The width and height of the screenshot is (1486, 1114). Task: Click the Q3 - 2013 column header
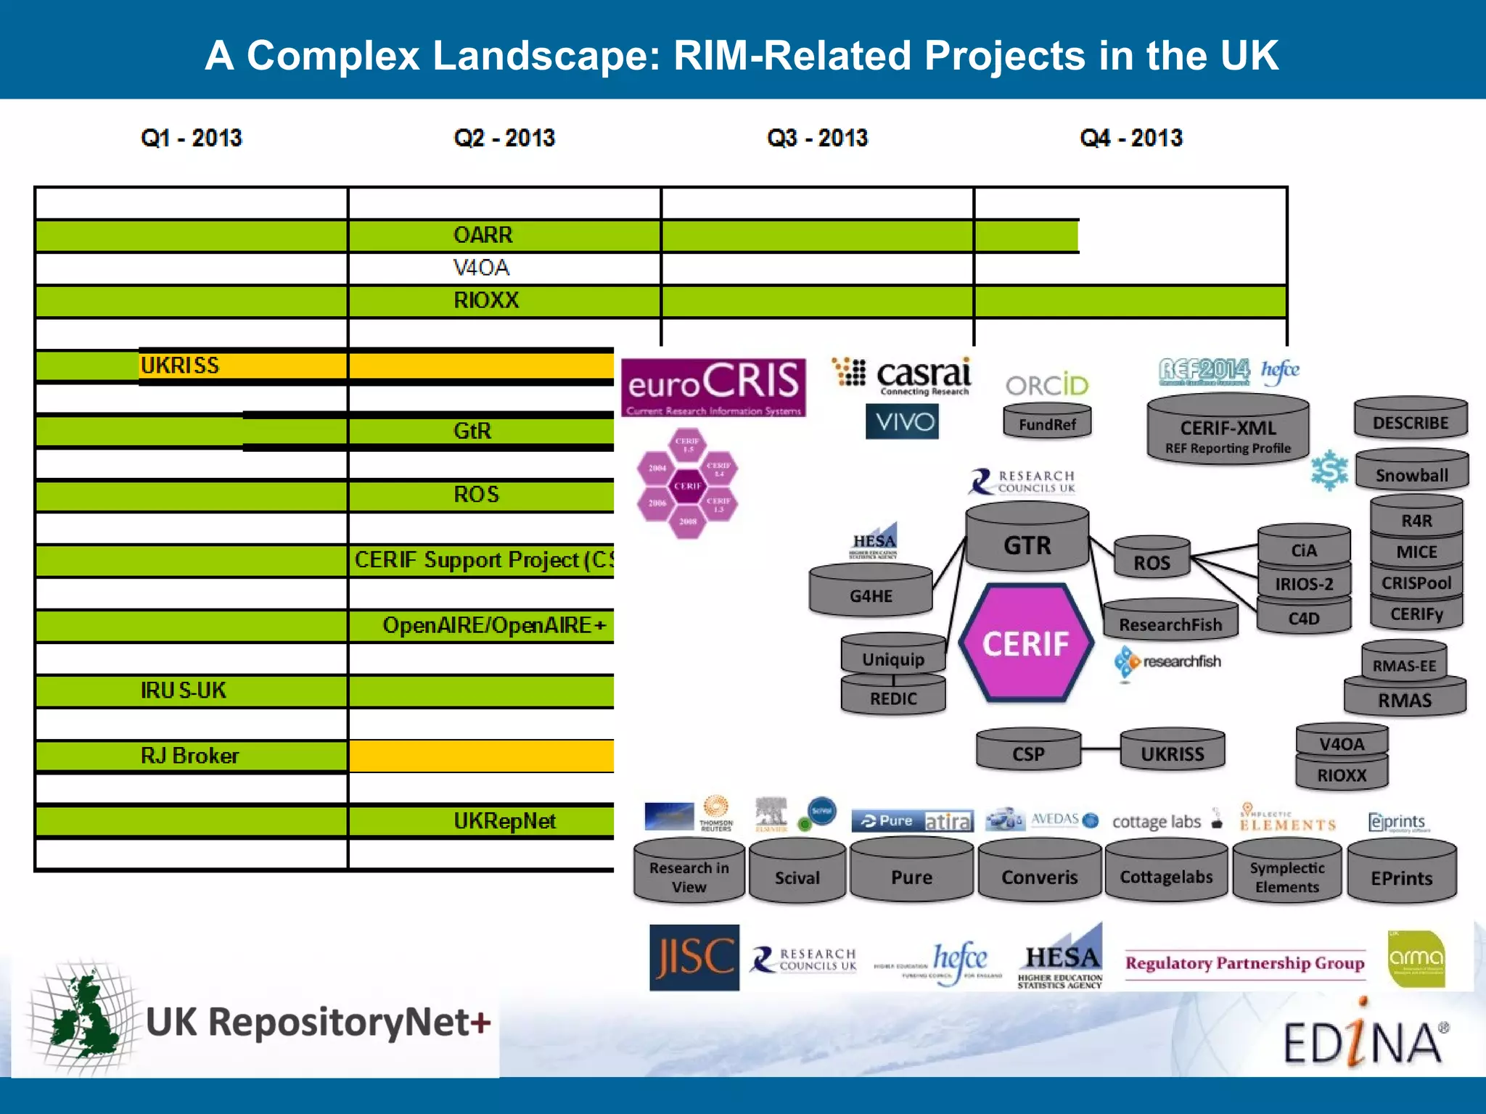click(x=817, y=138)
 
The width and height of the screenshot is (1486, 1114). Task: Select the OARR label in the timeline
click(x=483, y=235)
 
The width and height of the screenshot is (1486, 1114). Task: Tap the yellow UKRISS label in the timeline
click(x=180, y=366)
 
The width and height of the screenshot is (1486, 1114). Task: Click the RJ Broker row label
click(x=189, y=756)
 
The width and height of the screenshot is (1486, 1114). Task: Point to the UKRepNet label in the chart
click(x=504, y=821)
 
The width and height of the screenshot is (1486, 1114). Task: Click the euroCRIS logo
click(x=713, y=387)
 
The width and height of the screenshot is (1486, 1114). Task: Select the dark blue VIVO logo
click(x=902, y=421)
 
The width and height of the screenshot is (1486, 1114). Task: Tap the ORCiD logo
click(x=1047, y=385)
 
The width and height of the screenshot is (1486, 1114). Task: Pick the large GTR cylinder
click(x=1027, y=544)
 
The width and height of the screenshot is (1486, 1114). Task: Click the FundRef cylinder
click(x=1047, y=424)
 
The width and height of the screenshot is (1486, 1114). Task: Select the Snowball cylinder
click(x=1411, y=474)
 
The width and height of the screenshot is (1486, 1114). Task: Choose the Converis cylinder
click(x=1039, y=875)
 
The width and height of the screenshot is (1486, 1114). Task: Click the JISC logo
click(x=694, y=957)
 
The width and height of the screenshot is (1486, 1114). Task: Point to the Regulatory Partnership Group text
click(x=1244, y=963)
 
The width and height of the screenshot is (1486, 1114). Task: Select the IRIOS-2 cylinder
click(x=1304, y=583)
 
